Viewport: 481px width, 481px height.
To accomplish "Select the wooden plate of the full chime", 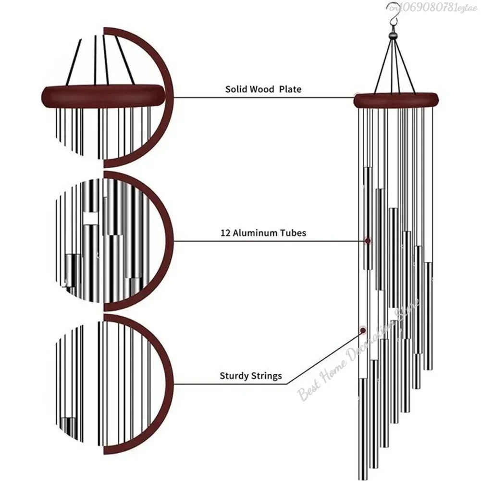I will click(396, 100).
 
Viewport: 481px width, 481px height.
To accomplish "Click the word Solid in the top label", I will click(236, 89).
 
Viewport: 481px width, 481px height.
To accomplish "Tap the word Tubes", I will click(292, 233).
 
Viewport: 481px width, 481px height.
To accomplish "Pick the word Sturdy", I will click(234, 376).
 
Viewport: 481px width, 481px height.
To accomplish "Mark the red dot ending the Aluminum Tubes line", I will click(368, 240).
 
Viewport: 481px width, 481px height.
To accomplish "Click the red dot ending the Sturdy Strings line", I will click(362, 330).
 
